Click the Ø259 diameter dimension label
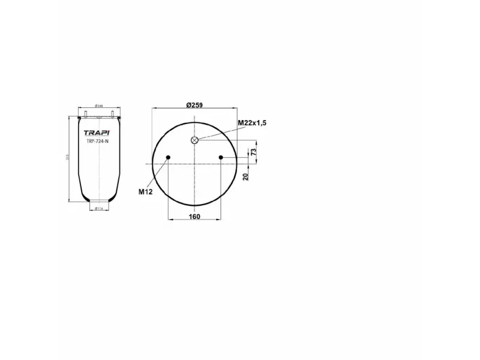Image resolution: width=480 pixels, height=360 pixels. [x=194, y=105]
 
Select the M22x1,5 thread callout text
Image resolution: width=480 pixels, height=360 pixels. [x=251, y=122]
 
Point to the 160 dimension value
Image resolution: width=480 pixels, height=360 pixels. [x=194, y=217]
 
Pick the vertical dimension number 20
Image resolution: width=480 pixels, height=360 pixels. [x=245, y=176]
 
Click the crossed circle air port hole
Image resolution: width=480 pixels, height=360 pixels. [x=194, y=140]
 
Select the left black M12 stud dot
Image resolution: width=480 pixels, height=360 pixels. [x=169, y=158]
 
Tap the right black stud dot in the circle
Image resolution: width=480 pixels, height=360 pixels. [x=221, y=158]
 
